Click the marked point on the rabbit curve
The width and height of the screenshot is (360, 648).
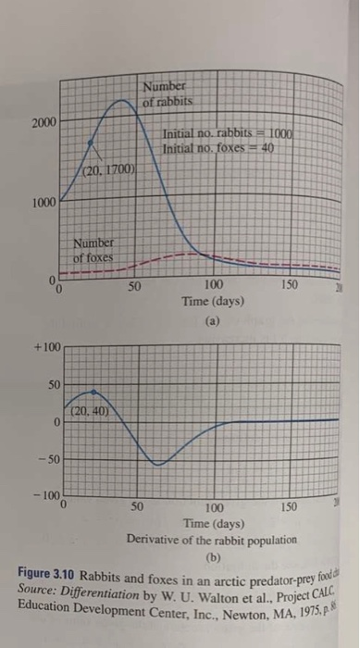point(90,143)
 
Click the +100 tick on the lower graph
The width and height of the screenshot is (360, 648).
point(47,345)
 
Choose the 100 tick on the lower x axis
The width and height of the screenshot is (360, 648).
point(214,508)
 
